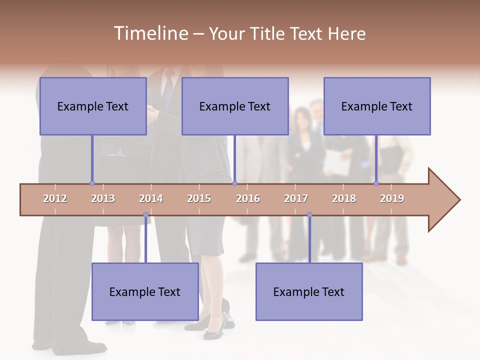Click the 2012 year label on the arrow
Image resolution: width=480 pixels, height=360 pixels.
(55, 198)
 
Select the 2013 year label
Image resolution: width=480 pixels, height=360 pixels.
(103, 198)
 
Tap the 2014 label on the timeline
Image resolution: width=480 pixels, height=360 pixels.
(151, 198)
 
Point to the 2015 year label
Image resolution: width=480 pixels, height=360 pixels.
(199, 198)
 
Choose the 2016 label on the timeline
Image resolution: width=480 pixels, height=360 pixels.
(248, 198)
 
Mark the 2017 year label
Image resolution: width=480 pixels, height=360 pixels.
(296, 198)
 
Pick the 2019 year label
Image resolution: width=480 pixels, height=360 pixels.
(392, 198)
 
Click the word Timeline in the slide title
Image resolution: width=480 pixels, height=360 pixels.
(150, 33)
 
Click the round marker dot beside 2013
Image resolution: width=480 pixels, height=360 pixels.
(92, 183)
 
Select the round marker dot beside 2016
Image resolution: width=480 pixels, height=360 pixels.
(234, 183)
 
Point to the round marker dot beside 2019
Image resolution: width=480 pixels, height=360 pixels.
(376, 183)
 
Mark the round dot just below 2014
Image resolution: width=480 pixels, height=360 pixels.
(145, 215)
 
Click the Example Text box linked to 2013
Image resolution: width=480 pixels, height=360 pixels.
(93, 106)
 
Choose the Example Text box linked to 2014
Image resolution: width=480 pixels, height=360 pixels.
(145, 291)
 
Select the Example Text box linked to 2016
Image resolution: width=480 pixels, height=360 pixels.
(235, 106)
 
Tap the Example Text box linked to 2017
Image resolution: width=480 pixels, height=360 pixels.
(309, 291)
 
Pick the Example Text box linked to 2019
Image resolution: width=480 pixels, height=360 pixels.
(377, 106)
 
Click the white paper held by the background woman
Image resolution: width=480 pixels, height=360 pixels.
(336, 163)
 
